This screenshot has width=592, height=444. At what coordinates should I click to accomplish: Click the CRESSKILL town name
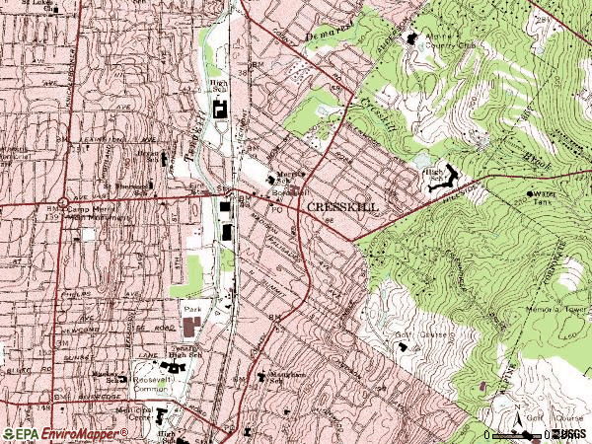click(342, 207)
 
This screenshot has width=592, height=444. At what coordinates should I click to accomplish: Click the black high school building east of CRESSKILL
click(446, 179)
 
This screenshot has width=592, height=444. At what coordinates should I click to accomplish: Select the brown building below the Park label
click(190, 326)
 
